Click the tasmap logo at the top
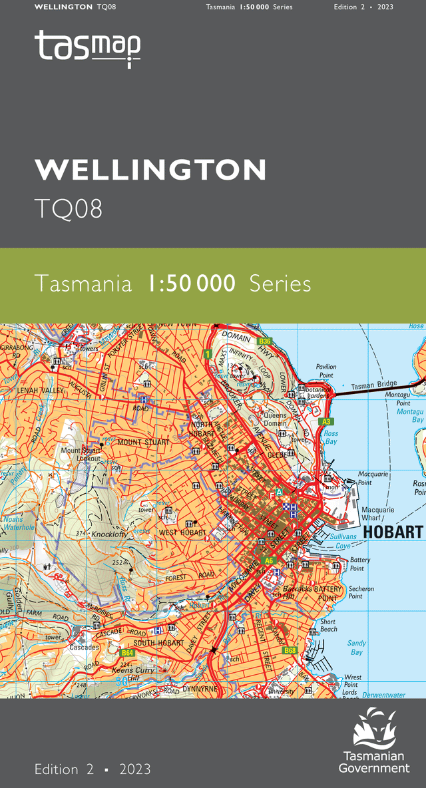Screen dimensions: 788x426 (x=87, y=48)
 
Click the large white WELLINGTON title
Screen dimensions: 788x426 (x=150, y=170)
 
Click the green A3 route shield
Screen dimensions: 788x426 (x=326, y=422)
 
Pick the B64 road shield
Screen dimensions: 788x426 (x=128, y=654)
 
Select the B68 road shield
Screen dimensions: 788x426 (x=290, y=650)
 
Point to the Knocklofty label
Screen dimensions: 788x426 (x=109, y=534)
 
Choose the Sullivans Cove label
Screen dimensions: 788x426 (x=343, y=541)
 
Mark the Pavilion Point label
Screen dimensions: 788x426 (x=327, y=371)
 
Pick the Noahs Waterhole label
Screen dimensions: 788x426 (x=18, y=523)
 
